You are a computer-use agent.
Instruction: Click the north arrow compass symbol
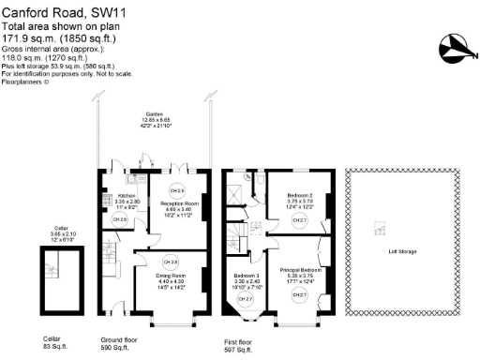[x=453, y=43]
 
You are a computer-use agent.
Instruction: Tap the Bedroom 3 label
[x=247, y=276]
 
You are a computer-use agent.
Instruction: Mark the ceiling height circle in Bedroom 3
[x=246, y=299]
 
